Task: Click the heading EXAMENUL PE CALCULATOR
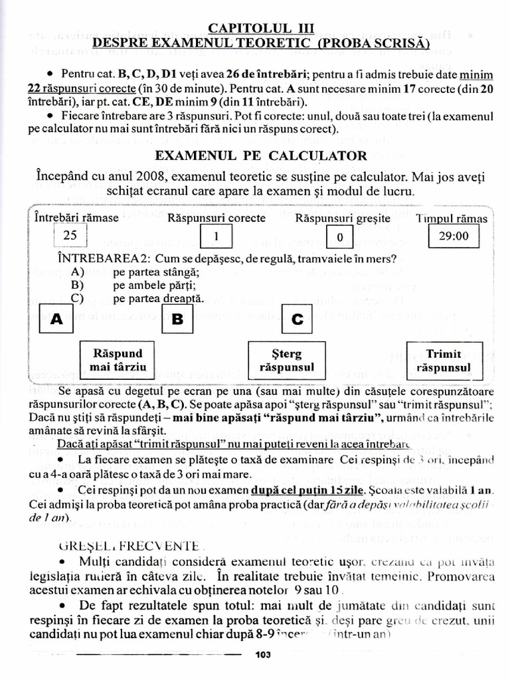[260, 155]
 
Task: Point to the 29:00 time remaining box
[454, 236]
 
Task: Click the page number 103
[263, 655]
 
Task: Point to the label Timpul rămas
[452, 218]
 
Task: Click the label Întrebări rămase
[76, 218]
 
